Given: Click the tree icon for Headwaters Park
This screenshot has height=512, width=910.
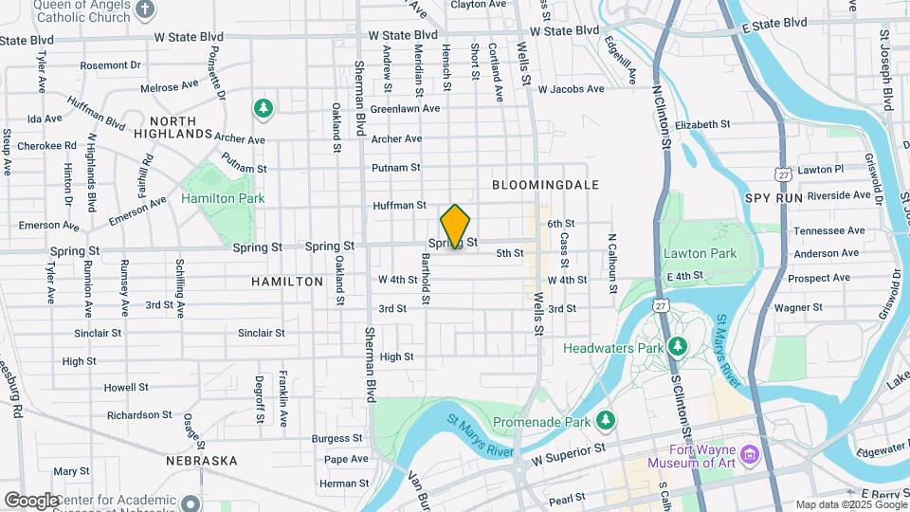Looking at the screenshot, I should point(677,345).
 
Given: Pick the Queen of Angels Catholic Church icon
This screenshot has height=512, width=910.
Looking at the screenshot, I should point(144,10).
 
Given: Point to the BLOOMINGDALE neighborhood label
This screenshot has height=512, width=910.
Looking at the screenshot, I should point(545,185).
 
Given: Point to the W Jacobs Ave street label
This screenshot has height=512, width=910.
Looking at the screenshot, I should point(571,89).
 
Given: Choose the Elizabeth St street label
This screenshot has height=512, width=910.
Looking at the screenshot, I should point(702,124).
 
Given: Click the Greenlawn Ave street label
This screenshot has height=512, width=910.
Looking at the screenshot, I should point(405,108).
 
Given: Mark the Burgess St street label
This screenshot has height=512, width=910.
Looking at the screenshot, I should point(331,438).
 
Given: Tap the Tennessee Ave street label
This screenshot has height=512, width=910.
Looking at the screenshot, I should point(828,230).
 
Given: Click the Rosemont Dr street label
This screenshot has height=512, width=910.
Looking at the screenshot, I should point(110,65).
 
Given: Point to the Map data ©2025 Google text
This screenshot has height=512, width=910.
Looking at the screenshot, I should point(850,504).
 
